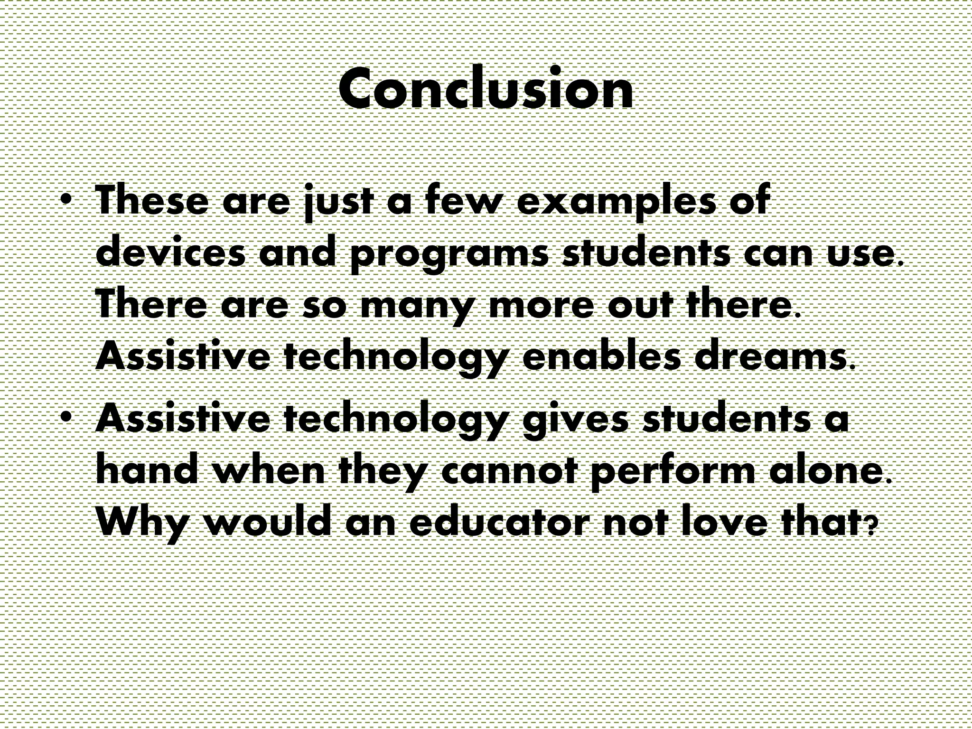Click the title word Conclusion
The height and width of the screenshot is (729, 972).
click(x=486, y=89)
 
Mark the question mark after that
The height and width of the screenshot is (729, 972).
click(x=869, y=527)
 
